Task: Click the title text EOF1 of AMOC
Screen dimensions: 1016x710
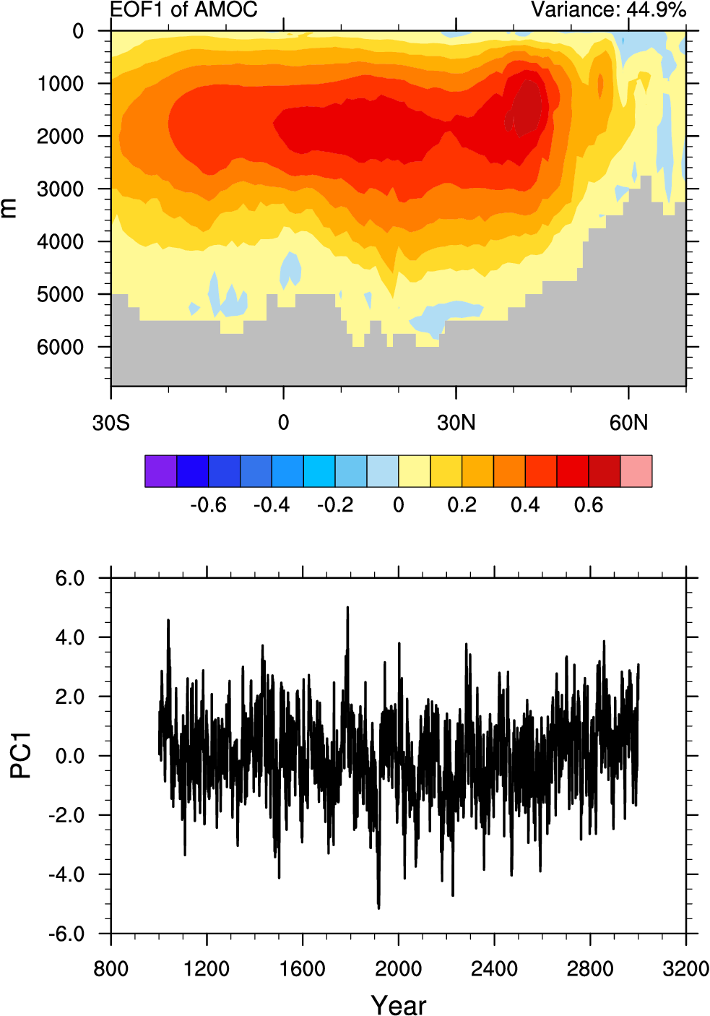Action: click(x=183, y=9)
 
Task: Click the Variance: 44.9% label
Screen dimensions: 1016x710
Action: click(x=608, y=9)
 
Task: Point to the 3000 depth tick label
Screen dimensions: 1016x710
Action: click(x=60, y=189)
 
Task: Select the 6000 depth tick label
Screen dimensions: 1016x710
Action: click(x=60, y=348)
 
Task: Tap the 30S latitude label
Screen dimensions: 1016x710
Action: click(x=111, y=423)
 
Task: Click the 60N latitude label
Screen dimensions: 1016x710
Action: click(x=628, y=423)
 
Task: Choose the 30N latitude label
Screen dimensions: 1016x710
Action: click(x=456, y=423)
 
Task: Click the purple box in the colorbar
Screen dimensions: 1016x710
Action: click(x=160, y=471)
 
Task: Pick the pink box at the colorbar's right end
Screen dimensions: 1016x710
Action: click(x=636, y=471)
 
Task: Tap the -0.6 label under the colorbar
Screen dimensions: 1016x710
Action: click(x=208, y=505)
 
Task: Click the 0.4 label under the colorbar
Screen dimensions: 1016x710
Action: click(x=525, y=505)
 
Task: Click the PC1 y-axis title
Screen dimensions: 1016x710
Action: click(x=21, y=755)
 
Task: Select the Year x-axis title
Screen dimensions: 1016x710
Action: click(x=398, y=1005)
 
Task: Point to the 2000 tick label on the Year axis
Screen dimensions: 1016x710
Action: click(x=398, y=968)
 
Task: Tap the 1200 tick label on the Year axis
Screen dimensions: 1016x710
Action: click(x=207, y=968)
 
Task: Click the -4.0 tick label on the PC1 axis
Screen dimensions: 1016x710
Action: click(x=66, y=875)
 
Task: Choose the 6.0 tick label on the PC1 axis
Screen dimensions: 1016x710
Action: click(x=70, y=579)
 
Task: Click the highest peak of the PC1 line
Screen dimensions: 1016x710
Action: click(x=347, y=608)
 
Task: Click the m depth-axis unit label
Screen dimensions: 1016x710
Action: click(x=8, y=208)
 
